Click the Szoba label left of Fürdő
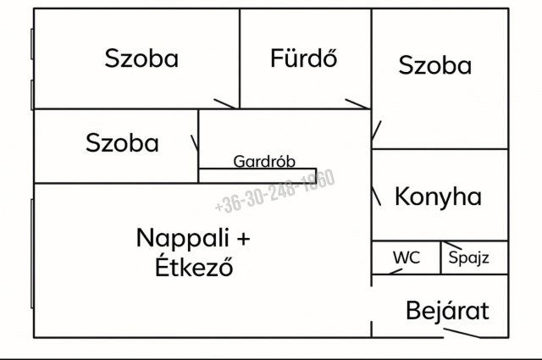[x=141, y=58]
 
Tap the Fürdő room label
[x=304, y=58]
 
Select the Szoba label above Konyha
[x=434, y=65]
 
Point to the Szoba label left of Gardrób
[x=122, y=143]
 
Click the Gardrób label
[x=258, y=161]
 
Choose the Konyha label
[x=438, y=197]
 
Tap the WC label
[x=406, y=258]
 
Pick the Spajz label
[x=468, y=258]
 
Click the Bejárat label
[x=447, y=311]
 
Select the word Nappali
[x=181, y=238]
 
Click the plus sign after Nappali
[x=243, y=239]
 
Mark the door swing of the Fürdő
[x=357, y=104]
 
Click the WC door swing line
[x=389, y=271]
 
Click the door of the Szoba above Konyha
[x=377, y=132]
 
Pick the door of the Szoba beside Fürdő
[x=225, y=104]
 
